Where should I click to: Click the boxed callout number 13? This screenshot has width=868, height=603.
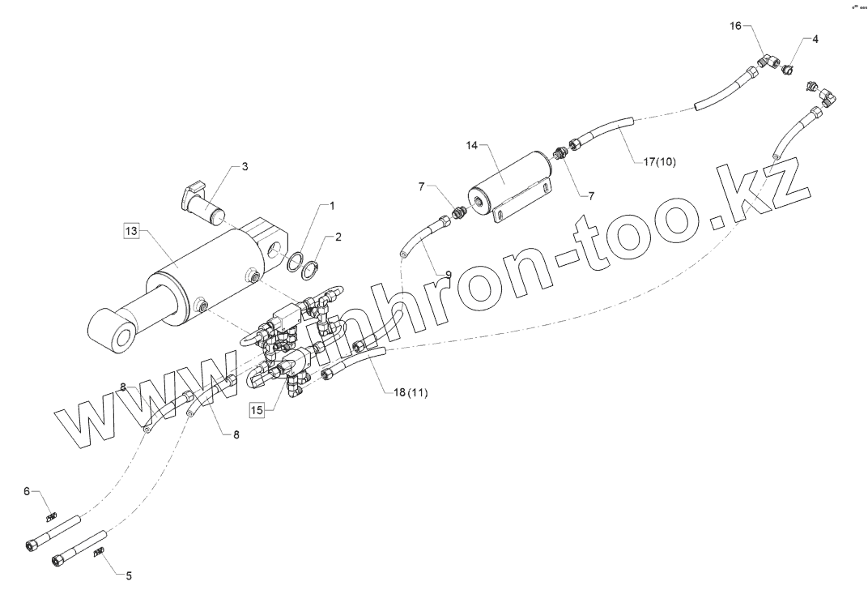tap(131, 231)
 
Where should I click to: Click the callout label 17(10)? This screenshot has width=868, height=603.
tap(660, 161)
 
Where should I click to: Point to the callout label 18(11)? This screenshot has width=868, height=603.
tap(411, 393)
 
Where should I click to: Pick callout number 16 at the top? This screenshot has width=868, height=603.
tap(735, 26)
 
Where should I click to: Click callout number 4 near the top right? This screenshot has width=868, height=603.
tap(815, 38)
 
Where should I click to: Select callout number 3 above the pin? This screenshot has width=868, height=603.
tap(245, 166)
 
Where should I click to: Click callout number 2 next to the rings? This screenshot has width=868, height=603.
tap(338, 237)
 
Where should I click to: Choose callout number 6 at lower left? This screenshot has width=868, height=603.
tap(26, 491)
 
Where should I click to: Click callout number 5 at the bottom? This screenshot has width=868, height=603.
tap(128, 575)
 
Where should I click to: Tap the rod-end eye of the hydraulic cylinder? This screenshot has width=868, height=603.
tap(113, 335)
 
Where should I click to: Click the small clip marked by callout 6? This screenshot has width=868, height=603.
tap(51, 516)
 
